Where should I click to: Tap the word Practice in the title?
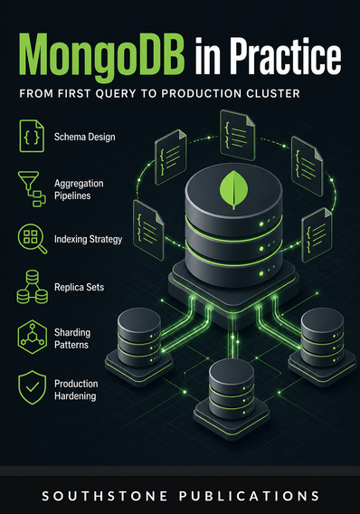coord(285,55)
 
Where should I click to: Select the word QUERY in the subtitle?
coord(116,94)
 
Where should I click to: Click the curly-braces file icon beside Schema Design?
coord(32,136)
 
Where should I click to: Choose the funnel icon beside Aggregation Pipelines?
coord(32,189)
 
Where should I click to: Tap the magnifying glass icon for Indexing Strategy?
coord(32,239)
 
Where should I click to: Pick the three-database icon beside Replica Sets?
coord(32,287)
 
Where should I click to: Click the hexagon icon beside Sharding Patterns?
coord(32,337)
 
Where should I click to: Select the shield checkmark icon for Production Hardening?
coord(32,387)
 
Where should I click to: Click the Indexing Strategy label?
coord(88,239)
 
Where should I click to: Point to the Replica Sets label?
coord(80,287)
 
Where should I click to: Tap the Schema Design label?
coord(84,137)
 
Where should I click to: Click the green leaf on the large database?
coord(233,189)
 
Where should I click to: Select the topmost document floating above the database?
coord(238,135)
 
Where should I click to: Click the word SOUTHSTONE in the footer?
coord(105,496)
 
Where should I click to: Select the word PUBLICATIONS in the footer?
coord(249,496)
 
